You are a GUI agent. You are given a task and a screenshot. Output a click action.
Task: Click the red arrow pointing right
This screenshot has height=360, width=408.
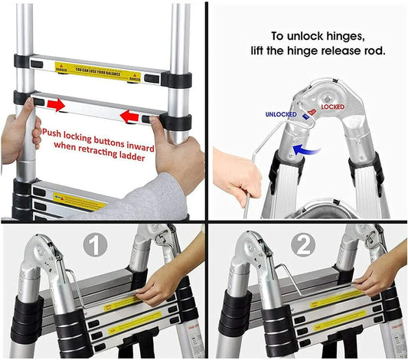(x=55, y=104)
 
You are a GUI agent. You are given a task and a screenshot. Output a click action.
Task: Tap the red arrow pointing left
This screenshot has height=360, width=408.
(x=139, y=116)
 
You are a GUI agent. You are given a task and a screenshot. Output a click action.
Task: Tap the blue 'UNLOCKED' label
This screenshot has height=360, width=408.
(x=280, y=114)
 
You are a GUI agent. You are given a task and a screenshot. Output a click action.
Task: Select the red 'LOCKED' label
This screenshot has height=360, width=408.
(x=332, y=108)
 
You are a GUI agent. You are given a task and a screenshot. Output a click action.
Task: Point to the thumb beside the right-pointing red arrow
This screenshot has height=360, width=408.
(x=31, y=111)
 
